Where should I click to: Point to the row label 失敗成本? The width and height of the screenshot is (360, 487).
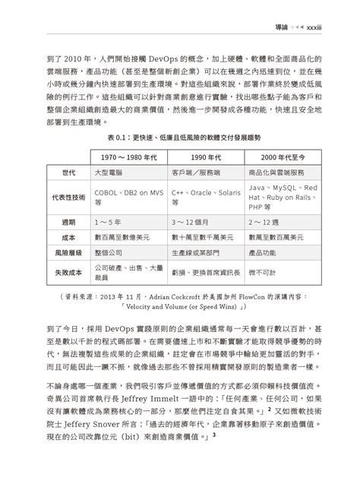point(68,270)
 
